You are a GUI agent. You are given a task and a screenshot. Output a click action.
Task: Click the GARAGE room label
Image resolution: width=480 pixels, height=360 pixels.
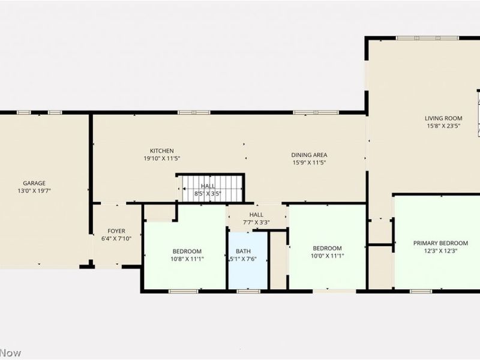pyautogui.click(x=34, y=183)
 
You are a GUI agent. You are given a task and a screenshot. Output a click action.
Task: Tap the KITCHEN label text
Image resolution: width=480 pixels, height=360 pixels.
pyautogui.click(x=161, y=151)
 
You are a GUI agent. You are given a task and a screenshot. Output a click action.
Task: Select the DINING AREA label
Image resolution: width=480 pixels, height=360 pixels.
pyautogui.click(x=309, y=155)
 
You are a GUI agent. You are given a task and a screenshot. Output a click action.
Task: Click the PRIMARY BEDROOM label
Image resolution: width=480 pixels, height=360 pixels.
pyautogui.click(x=440, y=243)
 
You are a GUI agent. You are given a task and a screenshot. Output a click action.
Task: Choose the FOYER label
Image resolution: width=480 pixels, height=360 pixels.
pyautogui.click(x=116, y=231)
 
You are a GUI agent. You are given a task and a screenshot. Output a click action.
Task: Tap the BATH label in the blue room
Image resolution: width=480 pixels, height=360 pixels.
pyautogui.click(x=243, y=251)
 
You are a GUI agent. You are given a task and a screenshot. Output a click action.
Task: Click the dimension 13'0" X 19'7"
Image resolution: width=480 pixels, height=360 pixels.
pyautogui.click(x=34, y=191)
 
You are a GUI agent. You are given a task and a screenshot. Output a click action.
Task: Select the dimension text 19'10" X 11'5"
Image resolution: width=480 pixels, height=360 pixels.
pyautogui.click(x=161, y=158)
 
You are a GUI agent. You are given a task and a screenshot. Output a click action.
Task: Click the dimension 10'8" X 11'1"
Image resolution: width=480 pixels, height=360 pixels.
pyautogui.click(x=187, y=259)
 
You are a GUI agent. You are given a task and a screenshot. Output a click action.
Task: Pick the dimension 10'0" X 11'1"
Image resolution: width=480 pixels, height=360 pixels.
pyautogui.click(x=327, y=256)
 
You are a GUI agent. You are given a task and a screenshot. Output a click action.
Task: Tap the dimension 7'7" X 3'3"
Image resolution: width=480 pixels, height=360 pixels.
pyautogui.click(x=256, y=223)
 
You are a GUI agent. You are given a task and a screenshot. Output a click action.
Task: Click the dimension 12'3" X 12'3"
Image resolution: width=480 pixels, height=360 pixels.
pyautogui.click(x=440, y=251)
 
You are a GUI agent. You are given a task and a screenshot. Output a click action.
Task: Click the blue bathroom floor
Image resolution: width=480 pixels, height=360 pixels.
pyautogui.click(x=248, y=269)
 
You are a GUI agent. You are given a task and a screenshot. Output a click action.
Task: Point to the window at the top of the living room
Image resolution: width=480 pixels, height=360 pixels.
pyautogui.click(x=427, y=38)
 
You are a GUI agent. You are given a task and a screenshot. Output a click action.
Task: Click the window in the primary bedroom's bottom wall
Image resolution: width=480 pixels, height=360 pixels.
pyautogui.click(x=421, y=291)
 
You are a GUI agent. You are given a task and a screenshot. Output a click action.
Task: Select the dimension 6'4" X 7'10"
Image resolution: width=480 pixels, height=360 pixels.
pyautogui.click(x=116, y=239)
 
